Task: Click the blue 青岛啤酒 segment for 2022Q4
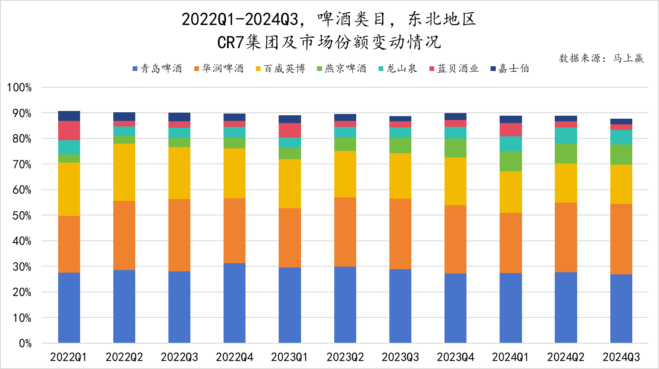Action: point(234,303)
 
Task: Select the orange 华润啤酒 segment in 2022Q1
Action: point(69,244)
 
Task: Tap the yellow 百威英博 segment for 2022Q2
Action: point(124,172)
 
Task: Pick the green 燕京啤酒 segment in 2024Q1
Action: point(510,161)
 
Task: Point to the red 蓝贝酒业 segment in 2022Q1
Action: point(69,130)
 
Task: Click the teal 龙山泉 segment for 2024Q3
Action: point(621,137)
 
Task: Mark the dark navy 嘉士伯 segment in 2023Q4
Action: point(455,117)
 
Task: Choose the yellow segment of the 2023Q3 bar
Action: point(400,175)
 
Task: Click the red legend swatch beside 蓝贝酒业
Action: point(432,69)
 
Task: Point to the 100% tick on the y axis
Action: point(19,88)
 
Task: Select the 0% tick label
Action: point(25,344)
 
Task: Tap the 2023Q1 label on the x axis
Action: point(289,357)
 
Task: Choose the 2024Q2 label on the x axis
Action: point(566,357)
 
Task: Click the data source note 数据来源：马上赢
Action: point(601,58)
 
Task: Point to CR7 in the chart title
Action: point(231,42)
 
